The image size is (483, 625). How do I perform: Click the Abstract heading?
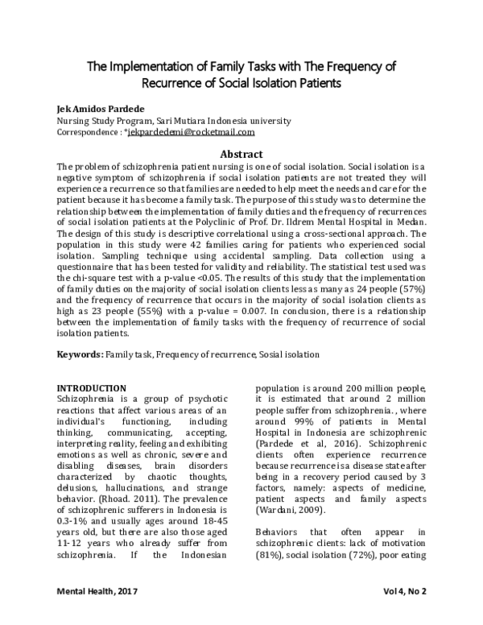click(241, 154)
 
